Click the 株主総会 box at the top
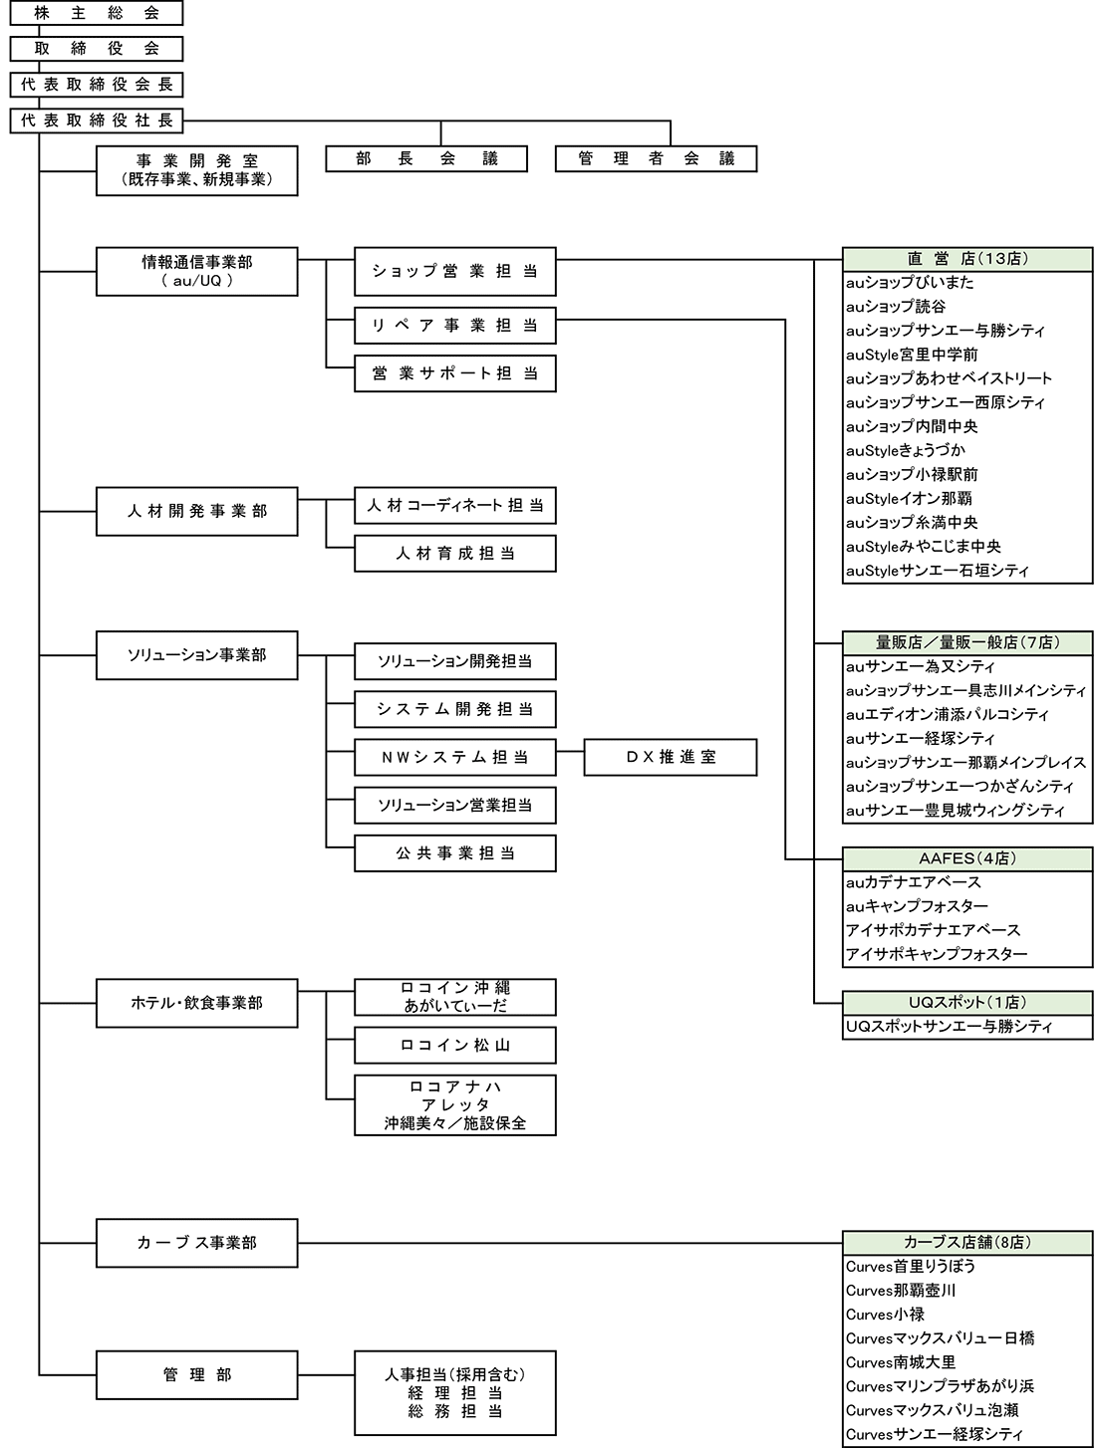97,13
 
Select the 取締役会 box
97,49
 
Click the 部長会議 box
426,158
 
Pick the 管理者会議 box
656,158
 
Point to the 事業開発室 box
196,170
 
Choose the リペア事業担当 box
454,326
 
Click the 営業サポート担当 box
454,373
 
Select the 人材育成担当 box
454,554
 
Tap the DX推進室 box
671,757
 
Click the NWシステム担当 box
454,757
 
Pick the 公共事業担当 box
454,853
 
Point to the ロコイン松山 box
454,1046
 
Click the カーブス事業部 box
196,1243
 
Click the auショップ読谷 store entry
897,307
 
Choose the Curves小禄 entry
885,1315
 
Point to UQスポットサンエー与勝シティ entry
949,1027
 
